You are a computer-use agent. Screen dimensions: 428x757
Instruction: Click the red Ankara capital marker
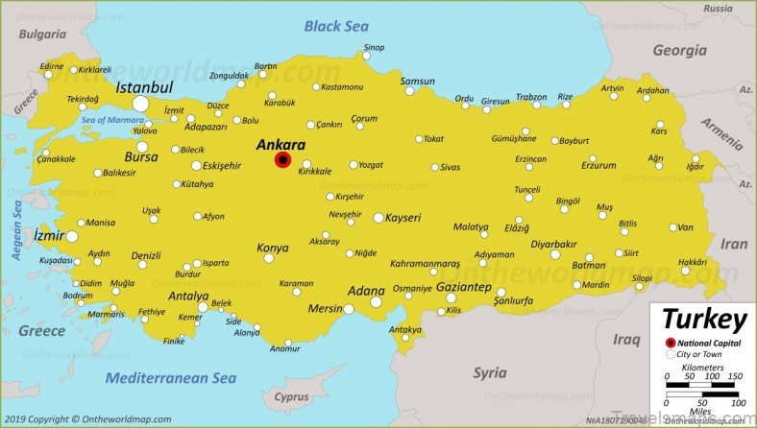282,160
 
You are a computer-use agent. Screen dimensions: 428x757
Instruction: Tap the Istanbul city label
144,87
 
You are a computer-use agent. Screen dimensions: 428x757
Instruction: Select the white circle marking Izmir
71,236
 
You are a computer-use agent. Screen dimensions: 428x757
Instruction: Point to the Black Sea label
336,26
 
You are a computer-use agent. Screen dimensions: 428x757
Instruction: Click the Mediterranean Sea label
170,377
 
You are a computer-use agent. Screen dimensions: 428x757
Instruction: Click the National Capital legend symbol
670,343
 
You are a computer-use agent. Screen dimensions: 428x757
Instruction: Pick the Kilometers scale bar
701,386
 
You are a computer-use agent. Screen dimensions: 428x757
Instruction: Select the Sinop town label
374,48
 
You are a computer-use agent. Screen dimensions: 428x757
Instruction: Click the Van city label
685,227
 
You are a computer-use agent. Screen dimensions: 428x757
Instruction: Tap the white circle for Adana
377,302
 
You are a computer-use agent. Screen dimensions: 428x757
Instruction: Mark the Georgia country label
679,50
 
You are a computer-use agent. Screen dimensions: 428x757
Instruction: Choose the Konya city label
272,248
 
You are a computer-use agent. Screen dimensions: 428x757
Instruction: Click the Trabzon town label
531,97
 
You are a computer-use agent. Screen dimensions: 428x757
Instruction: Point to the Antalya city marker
203,307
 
